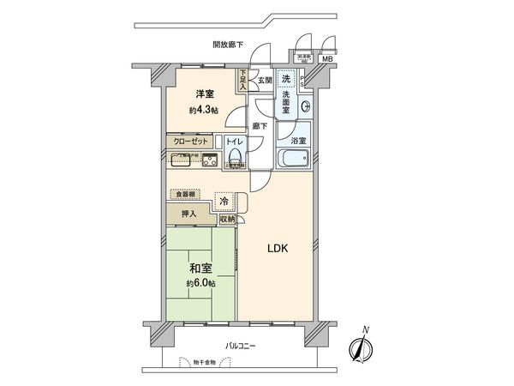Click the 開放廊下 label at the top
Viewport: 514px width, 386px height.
point(229,45)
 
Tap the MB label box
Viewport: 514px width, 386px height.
point(326,59)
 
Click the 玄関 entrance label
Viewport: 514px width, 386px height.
point(264,81)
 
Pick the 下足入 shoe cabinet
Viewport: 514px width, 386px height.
point(243,80)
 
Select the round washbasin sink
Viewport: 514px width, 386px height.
point(305,106)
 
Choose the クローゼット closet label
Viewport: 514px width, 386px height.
point(187,141)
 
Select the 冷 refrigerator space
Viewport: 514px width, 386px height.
point(224,202)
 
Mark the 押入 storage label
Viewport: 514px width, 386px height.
point(188,214)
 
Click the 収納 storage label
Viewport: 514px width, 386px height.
point(227,220)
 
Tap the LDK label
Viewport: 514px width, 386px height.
point(277,249)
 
